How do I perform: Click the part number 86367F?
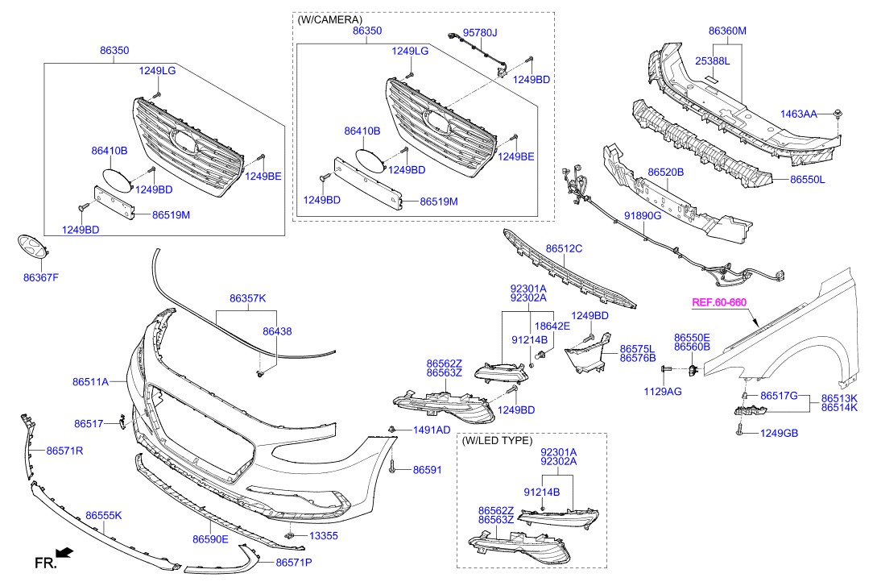point(41,278)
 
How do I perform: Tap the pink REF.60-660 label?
point(719,303)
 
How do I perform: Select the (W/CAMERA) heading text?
point(329,19)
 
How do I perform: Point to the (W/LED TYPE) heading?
point(497,441)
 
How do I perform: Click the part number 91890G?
point(643,216)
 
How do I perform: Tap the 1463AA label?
point(798,114)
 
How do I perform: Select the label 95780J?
point(480,33)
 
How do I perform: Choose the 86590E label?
point(210,539)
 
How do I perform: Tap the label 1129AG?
point(662,391)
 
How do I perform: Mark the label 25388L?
point(713,60)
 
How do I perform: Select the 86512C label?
point(564,249)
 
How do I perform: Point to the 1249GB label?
point(780,433)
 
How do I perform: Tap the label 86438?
point(277,331)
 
